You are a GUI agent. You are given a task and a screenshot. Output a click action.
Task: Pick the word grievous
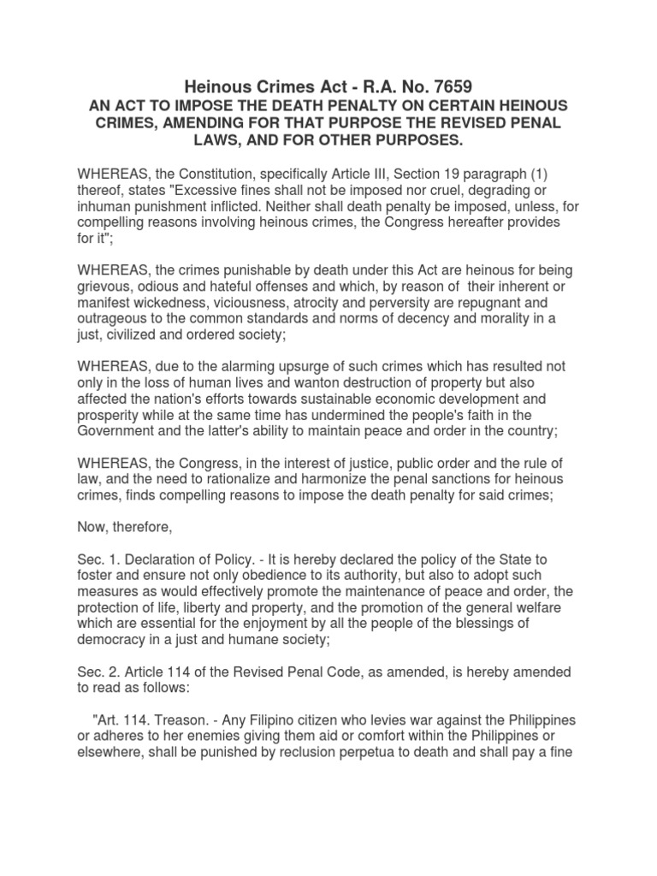click(x=105, y=286)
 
